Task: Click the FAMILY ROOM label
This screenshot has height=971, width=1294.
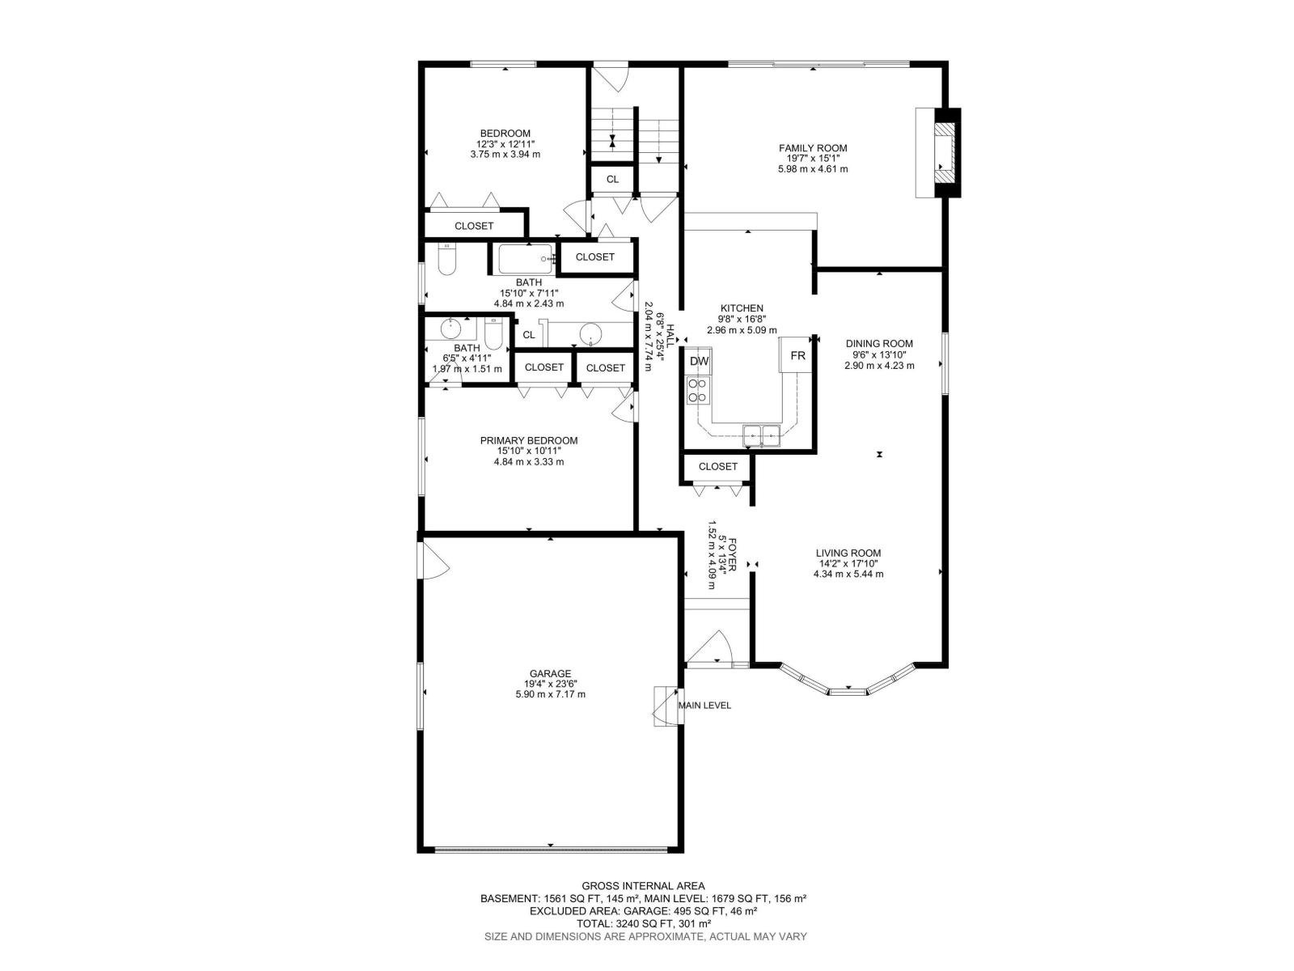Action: [x=813, y=148]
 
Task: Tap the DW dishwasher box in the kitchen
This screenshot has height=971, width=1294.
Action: [x=700, y=361]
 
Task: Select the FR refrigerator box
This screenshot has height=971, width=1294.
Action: [x=797, y=356]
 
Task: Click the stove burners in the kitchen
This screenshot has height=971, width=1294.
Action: [x=697, y=391]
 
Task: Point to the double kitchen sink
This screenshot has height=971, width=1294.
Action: [x=762, y=435]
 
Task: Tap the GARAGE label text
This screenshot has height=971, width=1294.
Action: [x=550, y=673]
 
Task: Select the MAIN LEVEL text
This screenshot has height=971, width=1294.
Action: [x=704, y=706]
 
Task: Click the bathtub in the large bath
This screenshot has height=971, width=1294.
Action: [x=524, y=259]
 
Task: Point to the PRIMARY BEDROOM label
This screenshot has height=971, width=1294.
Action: [x=529, y=441]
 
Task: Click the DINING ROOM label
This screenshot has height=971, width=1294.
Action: [x=879, y=343]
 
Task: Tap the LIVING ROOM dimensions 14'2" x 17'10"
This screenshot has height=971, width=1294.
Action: [x=848, y=563]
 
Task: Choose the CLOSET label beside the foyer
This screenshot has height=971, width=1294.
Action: [x=718, y=467]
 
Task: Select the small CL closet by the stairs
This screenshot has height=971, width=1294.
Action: [x=612, y=180]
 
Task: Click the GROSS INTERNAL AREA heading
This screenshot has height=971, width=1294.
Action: [x=643, y=886]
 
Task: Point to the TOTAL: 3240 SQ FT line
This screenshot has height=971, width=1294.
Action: [x=643, y=923]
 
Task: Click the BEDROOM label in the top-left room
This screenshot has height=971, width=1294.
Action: [x=505, y=134]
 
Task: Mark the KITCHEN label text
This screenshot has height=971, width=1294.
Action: [x=742, y=308]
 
